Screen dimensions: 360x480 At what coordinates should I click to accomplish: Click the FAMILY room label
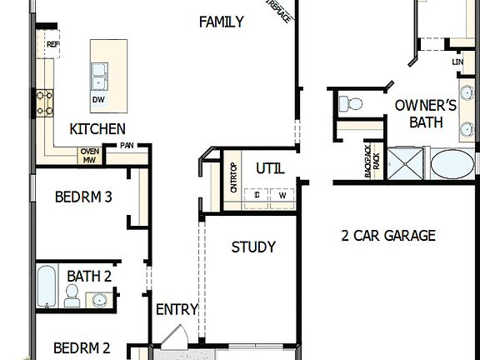222,22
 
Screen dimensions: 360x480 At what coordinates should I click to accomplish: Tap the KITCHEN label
97,128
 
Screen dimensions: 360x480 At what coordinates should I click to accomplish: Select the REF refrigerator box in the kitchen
52,45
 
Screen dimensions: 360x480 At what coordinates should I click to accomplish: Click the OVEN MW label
90,155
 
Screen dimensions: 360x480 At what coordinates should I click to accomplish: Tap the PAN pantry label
127,145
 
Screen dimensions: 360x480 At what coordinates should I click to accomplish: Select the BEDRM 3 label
83,197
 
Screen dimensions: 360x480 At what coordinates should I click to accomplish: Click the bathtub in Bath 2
47,286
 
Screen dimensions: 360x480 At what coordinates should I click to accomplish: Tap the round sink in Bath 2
101,298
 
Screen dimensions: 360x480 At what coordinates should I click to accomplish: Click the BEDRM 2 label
82,347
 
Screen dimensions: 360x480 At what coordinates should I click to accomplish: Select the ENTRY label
177,310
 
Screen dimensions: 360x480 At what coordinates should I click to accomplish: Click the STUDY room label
253,247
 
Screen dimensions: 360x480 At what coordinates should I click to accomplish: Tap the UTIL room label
270,168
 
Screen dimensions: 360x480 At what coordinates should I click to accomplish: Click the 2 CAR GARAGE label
388,236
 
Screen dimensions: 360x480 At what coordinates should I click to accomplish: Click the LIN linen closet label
457,62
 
